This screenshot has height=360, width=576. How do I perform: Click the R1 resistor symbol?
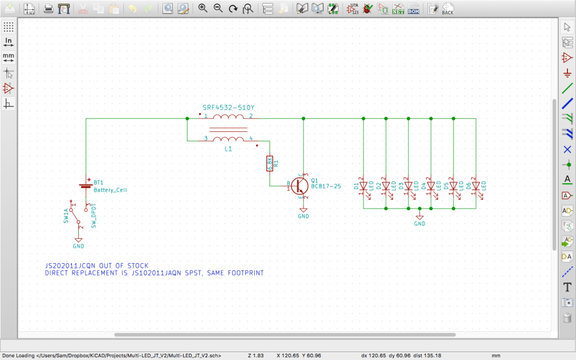pos(269,163)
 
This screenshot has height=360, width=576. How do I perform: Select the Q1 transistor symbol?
pos(300,185)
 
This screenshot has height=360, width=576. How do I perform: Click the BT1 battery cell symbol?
pos(85,185)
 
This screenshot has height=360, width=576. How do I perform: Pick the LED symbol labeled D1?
pos(363,186)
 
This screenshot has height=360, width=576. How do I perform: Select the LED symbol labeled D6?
pos(476,186)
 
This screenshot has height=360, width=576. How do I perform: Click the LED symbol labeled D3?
pos(408,186)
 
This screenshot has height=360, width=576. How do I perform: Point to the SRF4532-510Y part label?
pos(229,108)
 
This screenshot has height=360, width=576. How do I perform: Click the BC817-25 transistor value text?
pos(327,187)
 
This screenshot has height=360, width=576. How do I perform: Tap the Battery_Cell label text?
pos(110,190)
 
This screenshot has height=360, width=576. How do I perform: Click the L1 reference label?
pos(228,149)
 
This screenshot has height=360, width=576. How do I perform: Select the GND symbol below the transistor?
pos(304,212)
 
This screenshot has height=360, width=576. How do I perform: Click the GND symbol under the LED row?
pos(420,219)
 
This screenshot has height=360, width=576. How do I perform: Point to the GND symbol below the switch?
pos(78,242)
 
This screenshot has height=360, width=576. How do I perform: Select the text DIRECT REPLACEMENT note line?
pos(154,273)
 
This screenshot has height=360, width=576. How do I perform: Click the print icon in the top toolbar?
pos(49,9)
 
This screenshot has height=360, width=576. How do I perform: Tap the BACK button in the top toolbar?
pos(448,9)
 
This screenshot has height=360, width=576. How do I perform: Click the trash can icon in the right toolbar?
pos(567,317)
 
